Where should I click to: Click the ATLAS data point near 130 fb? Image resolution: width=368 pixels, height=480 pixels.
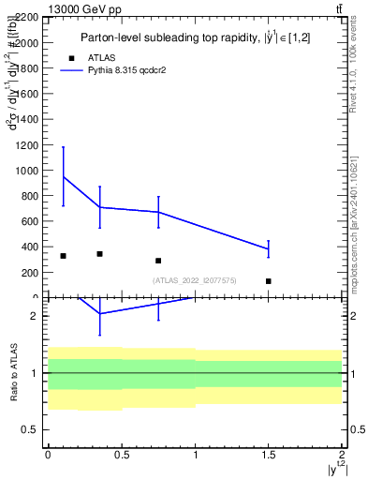pyautogui.click(x=269, y=281)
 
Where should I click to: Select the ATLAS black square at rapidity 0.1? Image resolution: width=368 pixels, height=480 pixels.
pyautogui.click(x=63, y=256)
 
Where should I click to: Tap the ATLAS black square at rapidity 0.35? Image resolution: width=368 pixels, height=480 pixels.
pyautogui.click(x=99, y=254)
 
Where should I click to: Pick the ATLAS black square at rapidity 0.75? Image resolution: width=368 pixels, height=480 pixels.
pyautogui.click(x=158, y=261)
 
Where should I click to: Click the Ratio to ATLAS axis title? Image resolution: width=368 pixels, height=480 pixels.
pyautogui.click(x=13, y=371)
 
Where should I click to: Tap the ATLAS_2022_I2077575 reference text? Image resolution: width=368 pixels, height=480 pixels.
pyautogui.click(x=195, y=280)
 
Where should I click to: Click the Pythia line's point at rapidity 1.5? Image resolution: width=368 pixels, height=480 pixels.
pyautogui.click(x=269, y=248)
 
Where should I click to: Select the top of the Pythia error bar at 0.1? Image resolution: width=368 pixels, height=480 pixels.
pyautogui.click(x=63, y=146)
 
